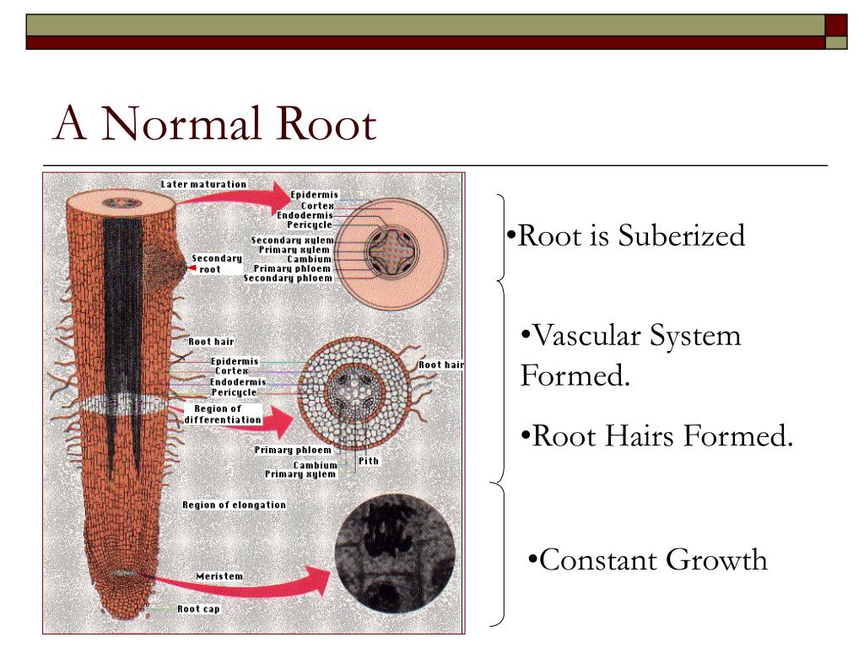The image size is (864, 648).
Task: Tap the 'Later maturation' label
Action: (x=203, y=184)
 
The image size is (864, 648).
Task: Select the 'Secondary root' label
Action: (x=216, y=263)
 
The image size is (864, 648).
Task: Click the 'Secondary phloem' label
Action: (x=288, y=278)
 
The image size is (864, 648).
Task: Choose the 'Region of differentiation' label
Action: (x=224, y=414)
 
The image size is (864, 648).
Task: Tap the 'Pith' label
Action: (x=369, y=461)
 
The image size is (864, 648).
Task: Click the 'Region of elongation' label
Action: (x=234, y=505)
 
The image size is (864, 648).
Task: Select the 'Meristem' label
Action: (x=219, y=576)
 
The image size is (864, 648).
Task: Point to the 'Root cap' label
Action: (x=198, y=608)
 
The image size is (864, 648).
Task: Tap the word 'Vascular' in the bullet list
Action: (x=586, y=336)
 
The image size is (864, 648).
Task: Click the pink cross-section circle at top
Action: (x=394, y=249)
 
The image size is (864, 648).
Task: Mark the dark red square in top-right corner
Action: (x=835, y=24)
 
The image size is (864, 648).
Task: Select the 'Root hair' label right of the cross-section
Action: (x=441, y=364)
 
